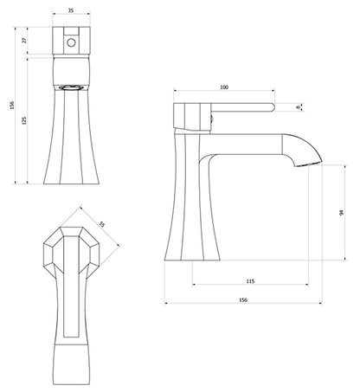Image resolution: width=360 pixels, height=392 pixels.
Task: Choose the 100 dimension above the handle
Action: (x=223, y=87)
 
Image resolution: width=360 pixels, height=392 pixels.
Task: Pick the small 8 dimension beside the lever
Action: (x=299, y=107)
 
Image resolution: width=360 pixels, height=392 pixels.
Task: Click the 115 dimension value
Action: (x=248, y=281)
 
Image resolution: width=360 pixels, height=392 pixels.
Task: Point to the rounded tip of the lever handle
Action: (x=270, y=107)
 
